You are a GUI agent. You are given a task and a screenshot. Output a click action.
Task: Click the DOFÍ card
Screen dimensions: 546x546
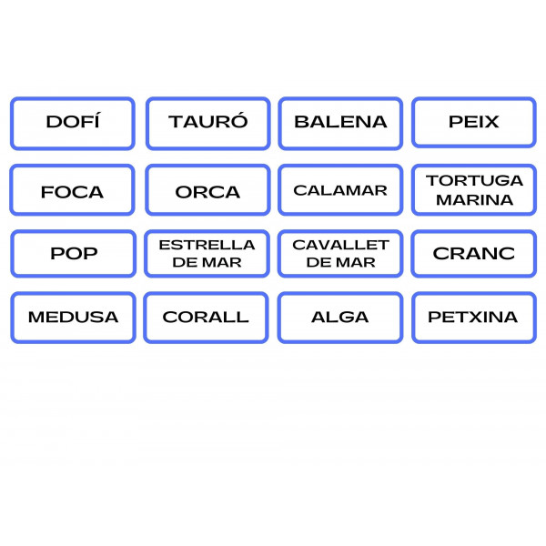(73, 122)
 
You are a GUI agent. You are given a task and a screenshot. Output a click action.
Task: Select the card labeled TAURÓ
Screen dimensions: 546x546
(207, 122)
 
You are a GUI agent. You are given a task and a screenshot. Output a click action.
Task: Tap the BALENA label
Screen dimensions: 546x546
(340, 122)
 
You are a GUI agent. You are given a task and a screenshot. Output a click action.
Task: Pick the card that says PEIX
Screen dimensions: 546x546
(474, 122)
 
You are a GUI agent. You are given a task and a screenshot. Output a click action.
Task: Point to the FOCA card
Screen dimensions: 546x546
(73, 192)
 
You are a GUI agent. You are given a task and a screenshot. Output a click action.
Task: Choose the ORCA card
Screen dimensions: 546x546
(207, 192)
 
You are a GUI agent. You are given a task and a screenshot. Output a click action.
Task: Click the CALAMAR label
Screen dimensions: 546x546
(340, 190)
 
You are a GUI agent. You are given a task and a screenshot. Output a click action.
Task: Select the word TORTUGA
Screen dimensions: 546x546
(474, 180)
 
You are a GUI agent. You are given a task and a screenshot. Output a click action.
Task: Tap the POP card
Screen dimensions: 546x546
(74, 253)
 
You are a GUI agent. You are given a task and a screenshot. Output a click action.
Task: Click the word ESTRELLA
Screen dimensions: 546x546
(207, 245)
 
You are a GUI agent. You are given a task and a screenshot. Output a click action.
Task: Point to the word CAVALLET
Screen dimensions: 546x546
(340, 245)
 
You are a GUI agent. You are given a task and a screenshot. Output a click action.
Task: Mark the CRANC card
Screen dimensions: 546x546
(474, 253)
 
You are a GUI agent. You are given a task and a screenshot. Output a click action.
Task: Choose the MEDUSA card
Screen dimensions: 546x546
(73, 318)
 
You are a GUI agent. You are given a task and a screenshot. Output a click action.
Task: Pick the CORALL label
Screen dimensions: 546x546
(206, 318)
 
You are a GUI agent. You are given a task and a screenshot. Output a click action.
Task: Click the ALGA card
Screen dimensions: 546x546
(340, 318)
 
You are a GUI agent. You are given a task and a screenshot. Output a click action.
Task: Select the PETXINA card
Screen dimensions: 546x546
(473, 318)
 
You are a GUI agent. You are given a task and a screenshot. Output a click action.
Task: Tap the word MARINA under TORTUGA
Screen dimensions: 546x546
(474, 200)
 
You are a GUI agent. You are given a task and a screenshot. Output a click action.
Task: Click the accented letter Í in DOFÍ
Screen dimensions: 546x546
(96, 121)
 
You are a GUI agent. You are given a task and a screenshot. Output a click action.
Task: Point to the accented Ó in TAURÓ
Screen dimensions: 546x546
(239, 121)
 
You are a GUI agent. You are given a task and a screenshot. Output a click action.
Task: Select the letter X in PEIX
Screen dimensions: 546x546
(491, 122)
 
